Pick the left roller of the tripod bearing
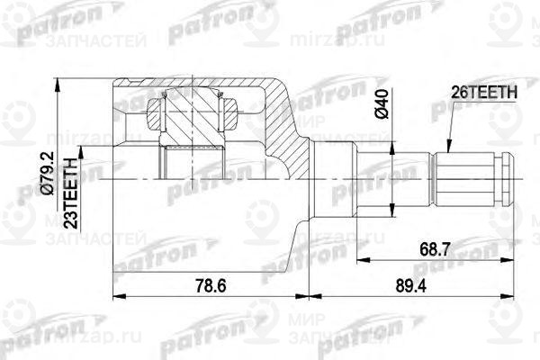coord(155,113)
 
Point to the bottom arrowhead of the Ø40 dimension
coord(392,213)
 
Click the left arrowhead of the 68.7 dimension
coord(359,259)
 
